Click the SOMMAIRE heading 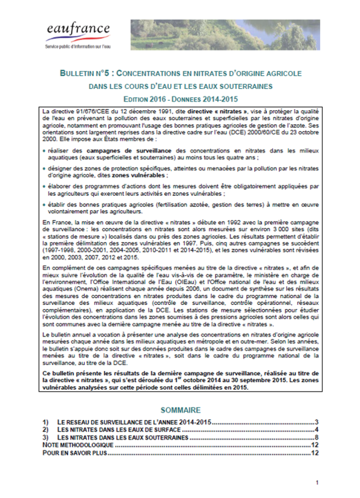click(179, 409)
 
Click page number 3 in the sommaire click(314, 422)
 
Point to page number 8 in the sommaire click(314, 438)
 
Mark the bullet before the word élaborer click(45, 186)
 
